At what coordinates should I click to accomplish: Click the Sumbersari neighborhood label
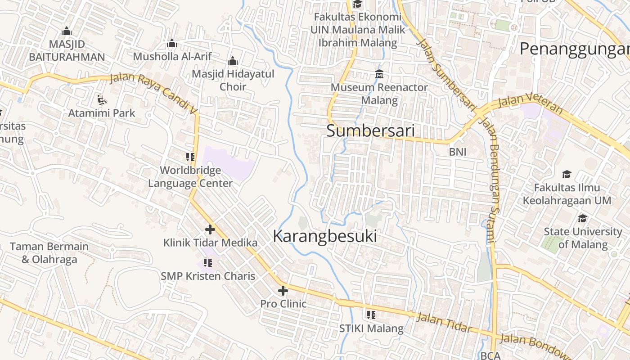[370, 131]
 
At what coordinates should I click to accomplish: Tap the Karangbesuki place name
[325, 236]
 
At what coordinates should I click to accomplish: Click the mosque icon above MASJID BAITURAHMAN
[67, 31]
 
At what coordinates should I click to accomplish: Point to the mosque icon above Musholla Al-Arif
[171, 44]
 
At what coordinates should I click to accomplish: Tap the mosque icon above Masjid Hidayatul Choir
[233, 61]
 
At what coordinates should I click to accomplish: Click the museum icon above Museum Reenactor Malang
[379, 74]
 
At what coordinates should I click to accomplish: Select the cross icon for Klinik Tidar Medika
[210, 229]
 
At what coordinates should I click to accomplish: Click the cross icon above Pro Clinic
[283, 291]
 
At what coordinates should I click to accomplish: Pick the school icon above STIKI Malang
[371, 315]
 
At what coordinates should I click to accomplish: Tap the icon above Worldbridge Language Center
[190, 157]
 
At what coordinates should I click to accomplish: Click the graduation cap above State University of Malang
[582, 218]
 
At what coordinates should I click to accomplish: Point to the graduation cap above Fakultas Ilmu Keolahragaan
[567, 174]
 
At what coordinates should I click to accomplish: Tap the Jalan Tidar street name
[444, 323]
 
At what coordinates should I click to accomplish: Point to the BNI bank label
[458, 152]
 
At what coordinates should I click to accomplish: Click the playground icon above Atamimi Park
[102, 99]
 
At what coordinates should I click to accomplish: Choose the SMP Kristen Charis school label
[208, 276]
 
